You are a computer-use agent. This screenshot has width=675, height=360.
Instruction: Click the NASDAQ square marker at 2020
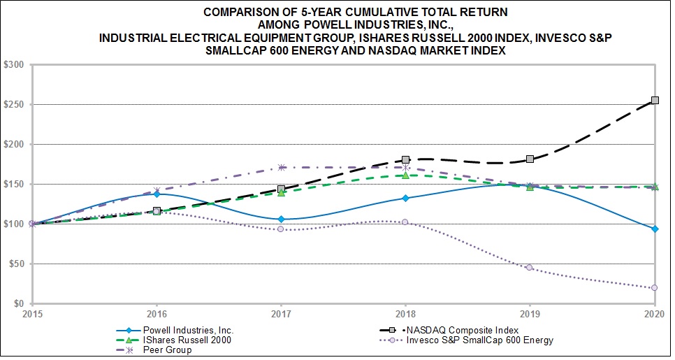[x=655, y=101]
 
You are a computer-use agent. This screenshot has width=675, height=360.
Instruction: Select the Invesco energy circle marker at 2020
[x=655, y=288]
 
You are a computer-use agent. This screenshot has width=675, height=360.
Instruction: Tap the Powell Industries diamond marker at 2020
[x=655, y=229]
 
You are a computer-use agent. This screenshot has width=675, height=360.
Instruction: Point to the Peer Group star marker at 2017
[x=281, y=167]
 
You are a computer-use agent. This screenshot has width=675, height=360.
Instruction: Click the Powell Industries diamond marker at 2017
[x=281, y=219]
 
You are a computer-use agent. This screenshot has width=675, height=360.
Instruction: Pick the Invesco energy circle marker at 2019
[x=530, y=268]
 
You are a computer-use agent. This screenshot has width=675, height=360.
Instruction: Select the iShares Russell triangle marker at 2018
[x=405, y=175]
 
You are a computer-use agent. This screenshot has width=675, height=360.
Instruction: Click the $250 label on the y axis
[x=15, y=105]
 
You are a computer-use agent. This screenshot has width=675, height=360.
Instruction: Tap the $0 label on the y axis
[x=19, y=304]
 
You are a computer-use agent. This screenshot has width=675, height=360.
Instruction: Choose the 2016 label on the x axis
[x=157, y=313]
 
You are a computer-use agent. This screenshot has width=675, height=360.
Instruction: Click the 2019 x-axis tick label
[x=530, y=313]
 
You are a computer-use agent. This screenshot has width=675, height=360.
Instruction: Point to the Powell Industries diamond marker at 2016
[x=157, y=194]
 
